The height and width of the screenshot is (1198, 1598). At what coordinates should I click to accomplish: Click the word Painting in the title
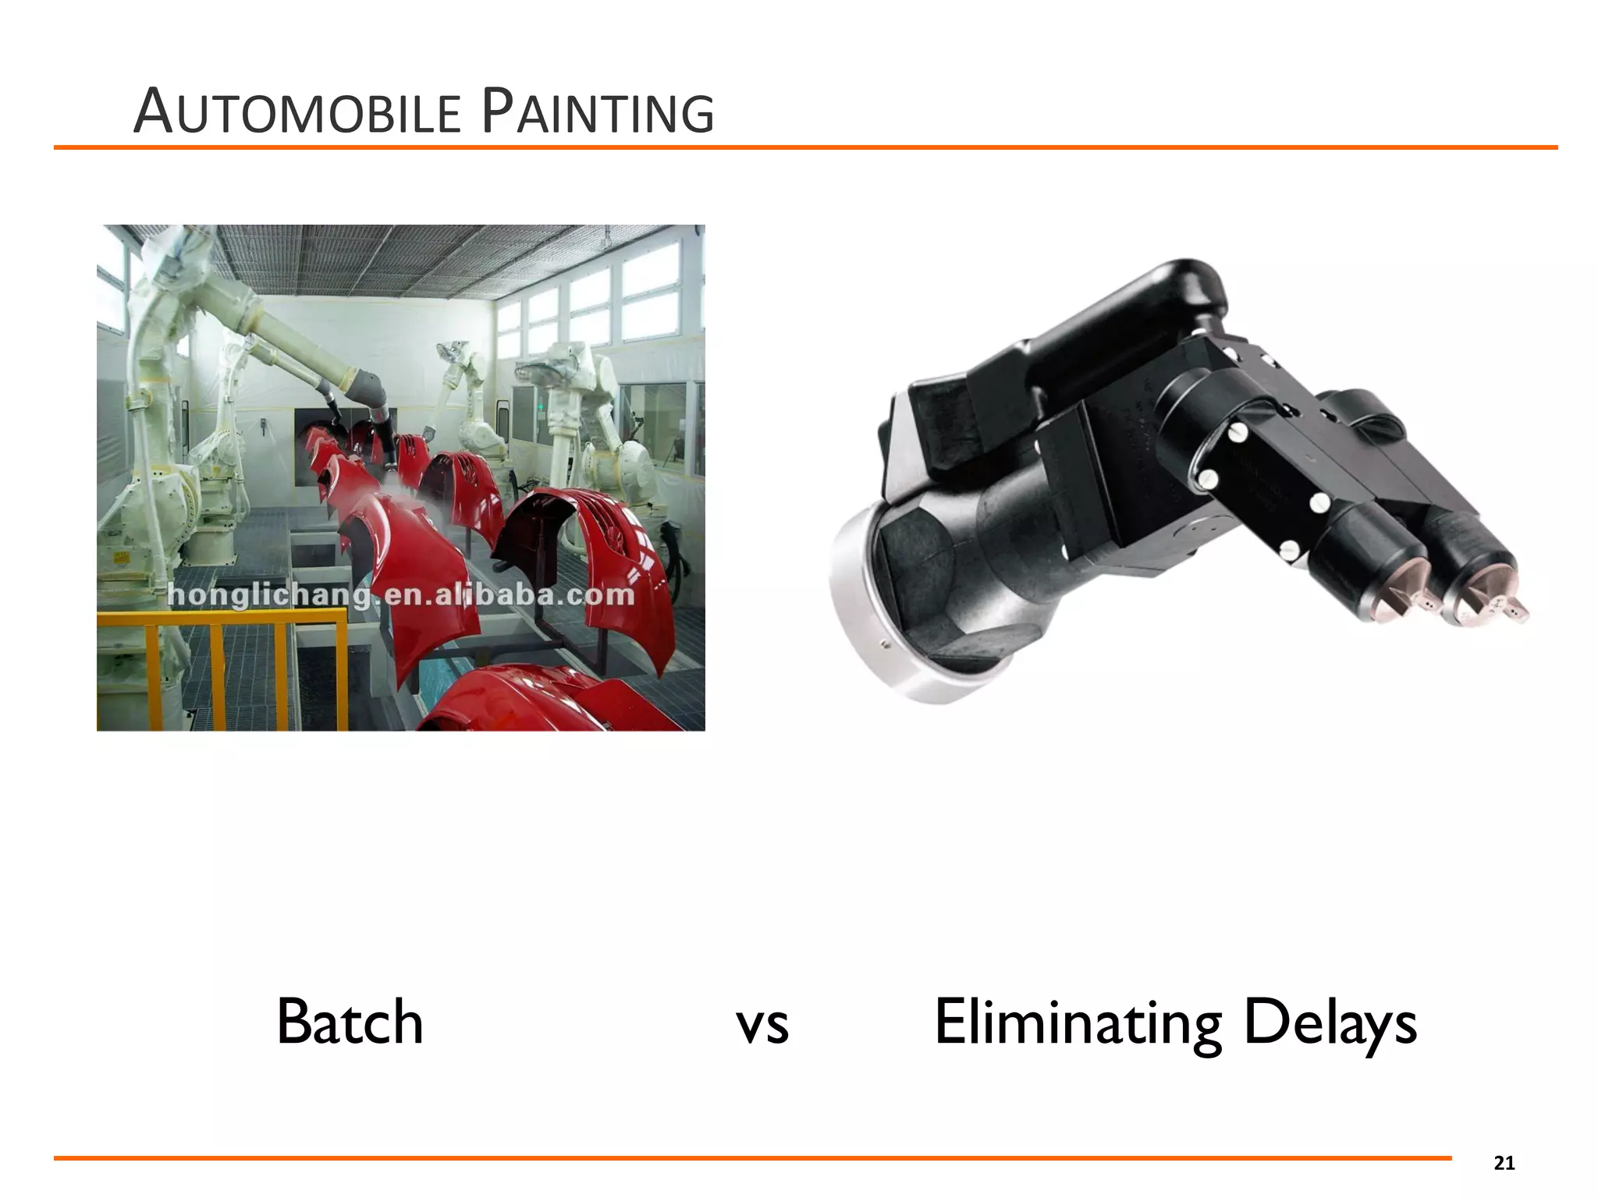click(598, 113)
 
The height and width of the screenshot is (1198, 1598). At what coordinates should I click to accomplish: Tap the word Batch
click(350, 1022)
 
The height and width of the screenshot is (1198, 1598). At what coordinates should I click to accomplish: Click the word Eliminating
click(1078, 1022)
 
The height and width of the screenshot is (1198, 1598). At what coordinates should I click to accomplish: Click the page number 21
click(1504, 1164)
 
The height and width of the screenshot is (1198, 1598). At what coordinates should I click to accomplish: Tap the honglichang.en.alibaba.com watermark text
click(401, 595)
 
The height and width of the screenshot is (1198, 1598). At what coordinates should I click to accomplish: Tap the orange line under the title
click(804, 147)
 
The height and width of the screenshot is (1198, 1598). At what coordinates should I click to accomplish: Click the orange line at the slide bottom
click(749, 1158)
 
